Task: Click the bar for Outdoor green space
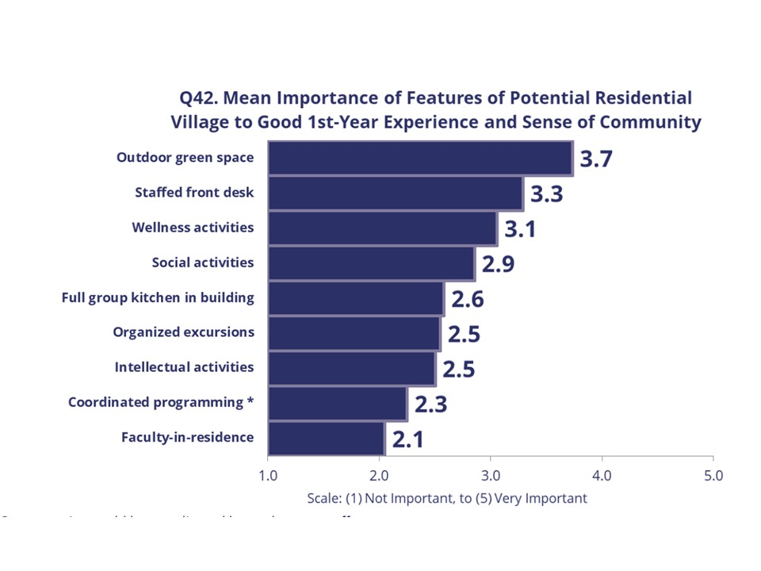click(420, 158)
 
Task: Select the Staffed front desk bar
click(396, 193)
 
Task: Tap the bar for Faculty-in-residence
click(326, 438)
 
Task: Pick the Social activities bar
click(371, 263)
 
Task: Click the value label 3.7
click(596, 159)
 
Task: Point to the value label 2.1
click(407, 439)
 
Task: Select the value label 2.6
click(467, 299)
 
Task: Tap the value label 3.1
click(521, 228)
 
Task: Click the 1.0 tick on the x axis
click(268, 476)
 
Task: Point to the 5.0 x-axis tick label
click(713, 476)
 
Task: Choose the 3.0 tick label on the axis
click(491, 476)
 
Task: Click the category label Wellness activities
click(193, 228)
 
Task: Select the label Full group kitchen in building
click(158, 298)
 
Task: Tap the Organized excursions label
click(183, 332)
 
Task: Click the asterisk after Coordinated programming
click(250, 400)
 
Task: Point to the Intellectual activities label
click(184, 367)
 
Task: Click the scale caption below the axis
click(447, 498)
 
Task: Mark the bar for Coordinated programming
click(337, 404)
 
